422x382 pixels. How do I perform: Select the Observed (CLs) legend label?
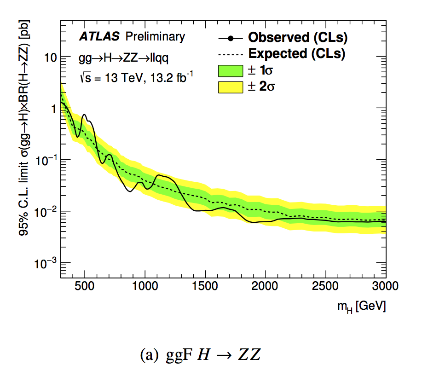click(x=297, y=37)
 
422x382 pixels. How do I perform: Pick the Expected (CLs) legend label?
click(x=297, y=54)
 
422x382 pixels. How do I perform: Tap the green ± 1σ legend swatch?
click(x=230, y=70)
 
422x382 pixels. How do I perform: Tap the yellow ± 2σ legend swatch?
click(x=230, y=87)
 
